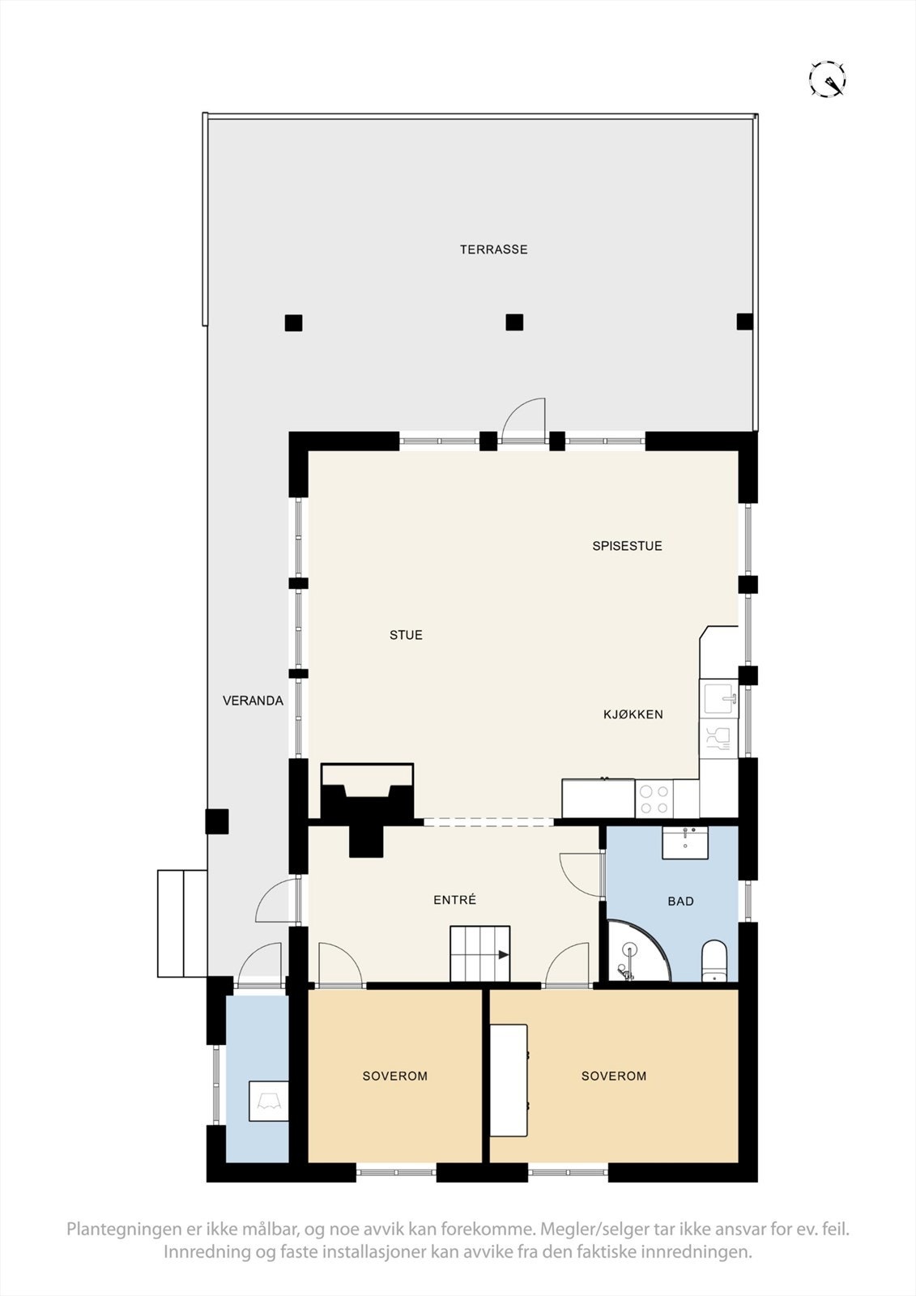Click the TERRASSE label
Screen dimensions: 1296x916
[x=493, y=249]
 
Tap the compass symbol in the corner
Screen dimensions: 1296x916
[x=827, y=79]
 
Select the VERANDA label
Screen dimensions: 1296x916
[x=253, y=701]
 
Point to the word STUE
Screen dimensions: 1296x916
[x=406, y=635]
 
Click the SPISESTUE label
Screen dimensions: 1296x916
[x=627, y=546]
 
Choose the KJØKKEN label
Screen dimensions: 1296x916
[x=633, y=714]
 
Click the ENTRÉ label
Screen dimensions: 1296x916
[x=454, y=900]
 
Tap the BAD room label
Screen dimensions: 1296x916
[x=680, y=901]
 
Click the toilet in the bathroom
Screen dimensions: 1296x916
[x=714, y=960]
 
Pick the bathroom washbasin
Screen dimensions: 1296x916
[x=685, y=842]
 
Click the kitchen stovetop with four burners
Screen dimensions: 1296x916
[x=654, y=798]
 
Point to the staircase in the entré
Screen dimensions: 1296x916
[x=479, y=954]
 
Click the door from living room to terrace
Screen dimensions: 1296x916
[x=522, y=421]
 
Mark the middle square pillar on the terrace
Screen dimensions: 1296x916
[x=514, y=322]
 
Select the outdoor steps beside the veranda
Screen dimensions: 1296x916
[x=182, y=923]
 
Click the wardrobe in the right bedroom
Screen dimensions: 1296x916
[x=509, y=1080]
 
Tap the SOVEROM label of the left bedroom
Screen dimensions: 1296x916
[x=394, y=1076]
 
